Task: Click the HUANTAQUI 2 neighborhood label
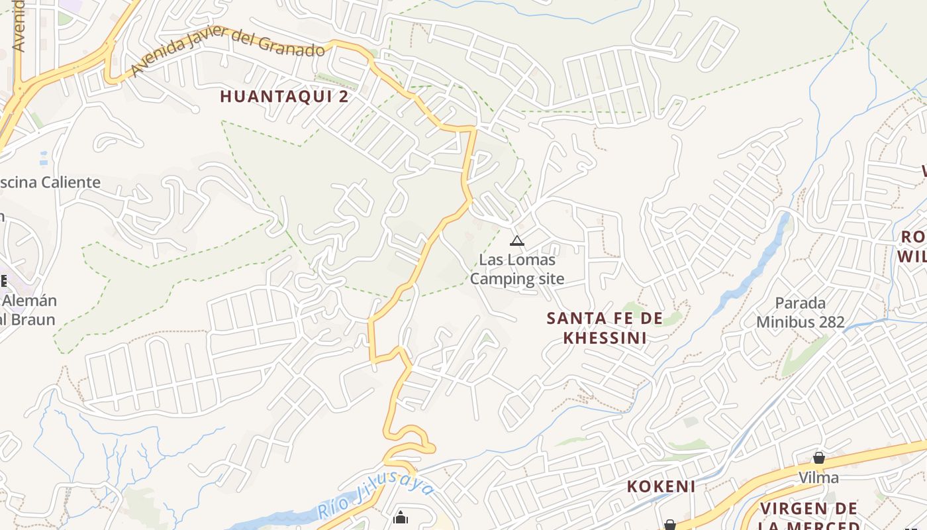pyautogui.click(x=284, y=97)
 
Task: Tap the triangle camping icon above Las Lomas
pyautogui.click(x=517, y=240)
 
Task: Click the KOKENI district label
pyautogui.click(x=661, y=487)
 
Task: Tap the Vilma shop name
pyautogui.click(x=818, y=478)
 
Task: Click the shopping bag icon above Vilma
pyautogui.click(x=819, y=458)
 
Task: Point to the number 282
pyautogui.click(x=830, y=323)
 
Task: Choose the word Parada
pyautogui.click(x=801, y=303)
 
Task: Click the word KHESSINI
pyautogui.click(x=605, y=338)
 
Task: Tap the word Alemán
pyautogui.click(x=30, y=301)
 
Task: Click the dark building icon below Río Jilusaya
pyautogui.click(x=401, y=517)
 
